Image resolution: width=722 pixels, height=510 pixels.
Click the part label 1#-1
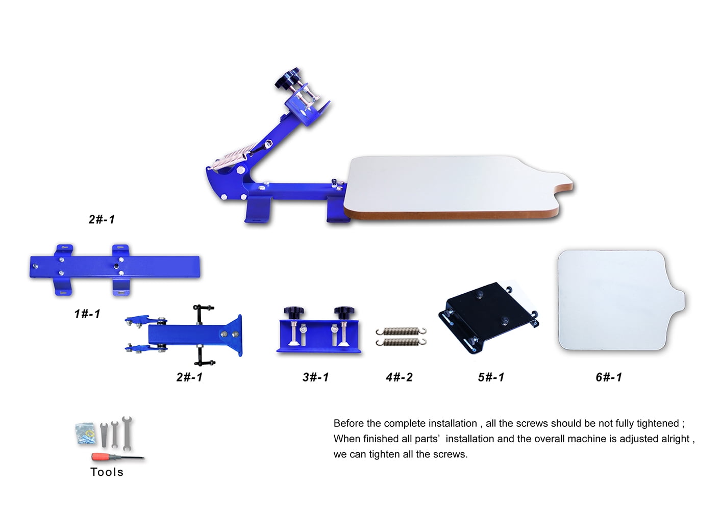point(87,314)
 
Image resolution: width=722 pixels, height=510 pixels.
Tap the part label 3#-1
point(315,377)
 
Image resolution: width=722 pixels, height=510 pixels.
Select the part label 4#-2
point(399,377)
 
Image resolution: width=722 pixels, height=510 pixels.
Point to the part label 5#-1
point(491,377)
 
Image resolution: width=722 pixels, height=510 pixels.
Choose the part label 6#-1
point(609,377)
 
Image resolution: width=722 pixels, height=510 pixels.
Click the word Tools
point(107,472)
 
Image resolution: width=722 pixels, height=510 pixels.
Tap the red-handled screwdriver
point(118,457)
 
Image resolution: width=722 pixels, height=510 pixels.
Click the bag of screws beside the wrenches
point(86,433)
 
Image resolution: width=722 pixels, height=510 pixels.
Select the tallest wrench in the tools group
point(127,432)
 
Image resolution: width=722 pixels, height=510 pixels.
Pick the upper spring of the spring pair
point(401,331)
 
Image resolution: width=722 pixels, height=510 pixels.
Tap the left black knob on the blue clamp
point(293,312)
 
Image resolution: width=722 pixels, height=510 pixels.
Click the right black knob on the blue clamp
point(344,312)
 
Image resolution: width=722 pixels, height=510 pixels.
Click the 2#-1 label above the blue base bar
point(102,219)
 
